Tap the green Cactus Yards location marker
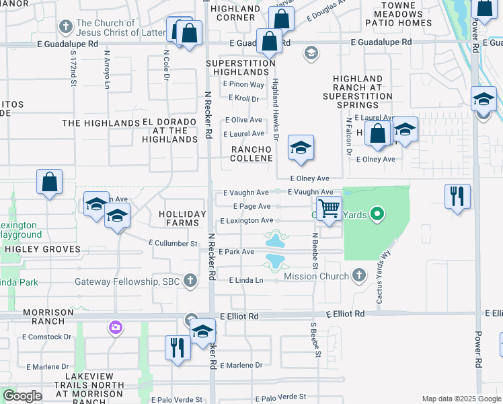coord(377,215)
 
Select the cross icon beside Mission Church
coord(359,275)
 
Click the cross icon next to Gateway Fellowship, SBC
coord(190,280)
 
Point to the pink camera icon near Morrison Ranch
coord(116,328)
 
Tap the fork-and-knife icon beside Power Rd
coord(457,196)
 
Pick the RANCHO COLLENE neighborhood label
coord(252,154)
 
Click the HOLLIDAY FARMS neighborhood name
coord(182,218)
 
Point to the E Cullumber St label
coord(173,243)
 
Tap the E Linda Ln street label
coord(245,280)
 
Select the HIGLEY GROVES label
coord(42,249)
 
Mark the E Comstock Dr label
coord(48,337)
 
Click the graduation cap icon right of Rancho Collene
coord(301,147)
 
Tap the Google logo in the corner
coord(22,396)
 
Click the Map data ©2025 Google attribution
coord(461,399)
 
